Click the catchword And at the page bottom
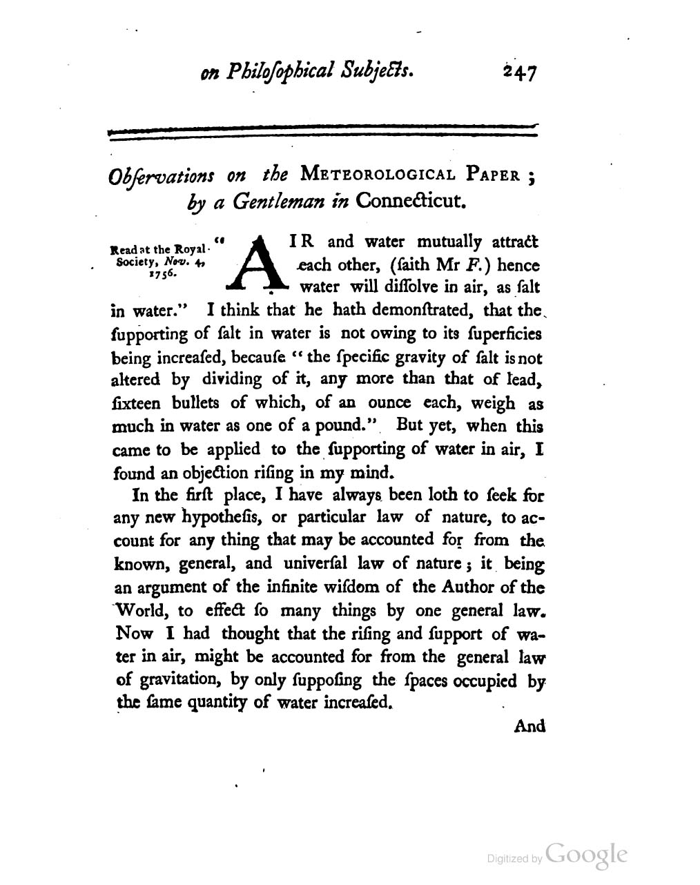(x=529, y=726)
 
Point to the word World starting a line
(x=142, y=610)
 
